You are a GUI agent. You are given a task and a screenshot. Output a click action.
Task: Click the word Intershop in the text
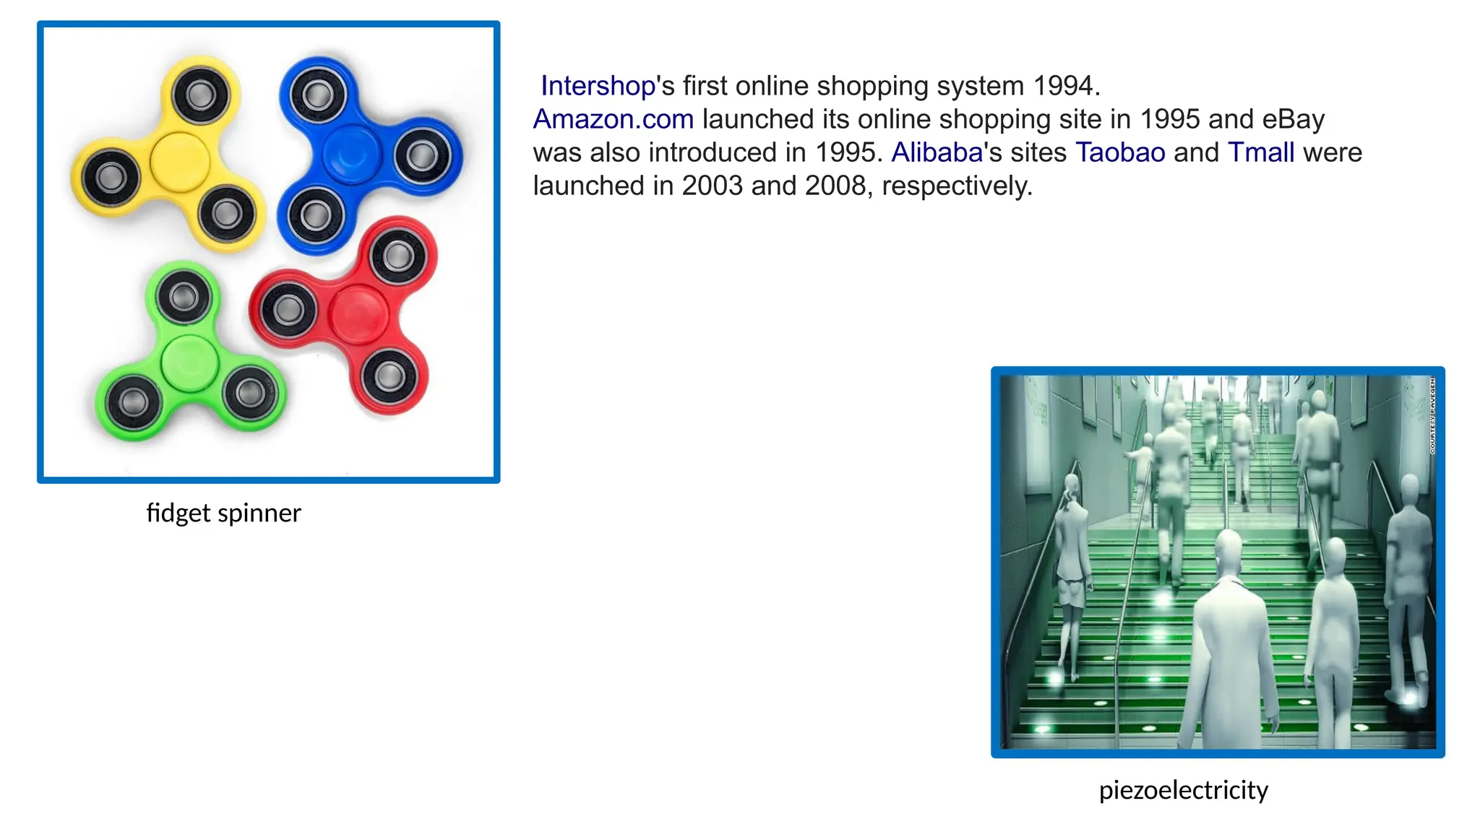tap(598, 86)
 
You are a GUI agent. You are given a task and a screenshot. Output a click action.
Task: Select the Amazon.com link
tap(613, 119)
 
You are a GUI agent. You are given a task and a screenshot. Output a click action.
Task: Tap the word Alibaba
tap(937, 152)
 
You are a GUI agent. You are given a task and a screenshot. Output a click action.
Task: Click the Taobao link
tap(1120, 152)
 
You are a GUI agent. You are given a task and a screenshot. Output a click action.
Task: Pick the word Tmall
tap(1261, 152)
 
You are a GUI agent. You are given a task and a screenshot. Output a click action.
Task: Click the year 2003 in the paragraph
tap(712, 186)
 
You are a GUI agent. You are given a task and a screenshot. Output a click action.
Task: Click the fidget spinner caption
tap(223, 513)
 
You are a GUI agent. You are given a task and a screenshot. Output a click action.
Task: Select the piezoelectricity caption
tap(1183, 790)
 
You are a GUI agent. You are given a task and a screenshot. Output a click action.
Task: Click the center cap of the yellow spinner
tap(179, 162)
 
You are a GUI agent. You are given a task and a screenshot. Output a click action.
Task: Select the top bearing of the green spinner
tap(183, 297)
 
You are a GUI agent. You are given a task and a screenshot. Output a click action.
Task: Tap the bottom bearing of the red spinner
tap(390, 375)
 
